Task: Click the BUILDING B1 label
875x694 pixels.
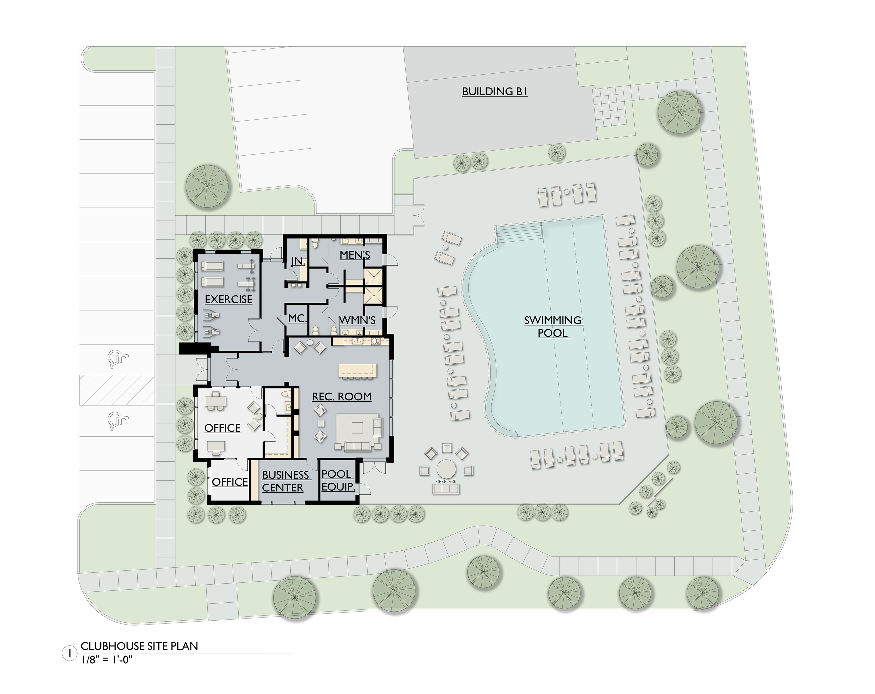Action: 494,92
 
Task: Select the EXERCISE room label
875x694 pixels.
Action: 228,299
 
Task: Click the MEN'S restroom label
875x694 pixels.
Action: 355,255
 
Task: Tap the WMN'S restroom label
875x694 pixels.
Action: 357,320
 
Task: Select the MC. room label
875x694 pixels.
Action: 297,318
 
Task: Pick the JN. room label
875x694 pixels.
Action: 298,261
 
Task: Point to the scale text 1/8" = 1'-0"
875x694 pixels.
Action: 107,660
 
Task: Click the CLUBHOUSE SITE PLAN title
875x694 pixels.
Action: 139,646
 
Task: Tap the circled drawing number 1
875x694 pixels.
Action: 70,653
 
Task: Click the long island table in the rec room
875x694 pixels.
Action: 357,370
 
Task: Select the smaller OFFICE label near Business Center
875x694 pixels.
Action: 230,482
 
